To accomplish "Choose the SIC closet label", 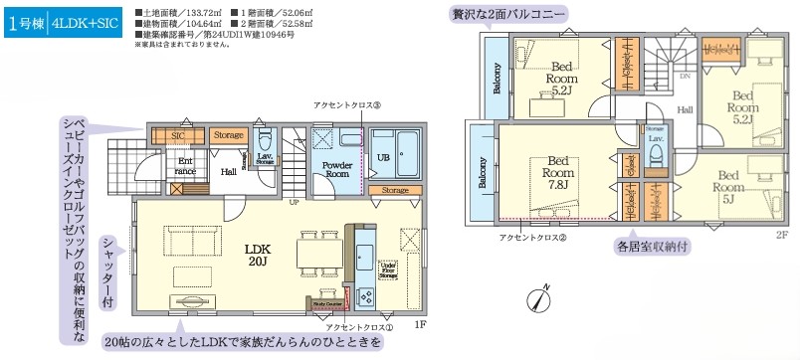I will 177,135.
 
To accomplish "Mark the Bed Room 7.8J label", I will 557,171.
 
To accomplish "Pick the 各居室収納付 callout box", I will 653,244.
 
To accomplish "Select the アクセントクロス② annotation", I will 535,238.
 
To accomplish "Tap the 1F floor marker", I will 420,323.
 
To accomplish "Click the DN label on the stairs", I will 684,76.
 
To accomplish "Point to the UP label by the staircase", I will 294,202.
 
